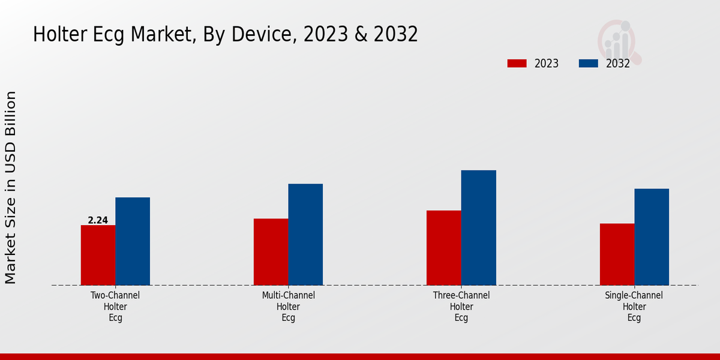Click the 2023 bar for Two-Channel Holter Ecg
98,255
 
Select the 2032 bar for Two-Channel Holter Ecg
133,241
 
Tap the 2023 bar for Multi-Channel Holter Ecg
271,252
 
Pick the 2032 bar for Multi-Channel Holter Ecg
305,235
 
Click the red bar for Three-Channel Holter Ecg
443,248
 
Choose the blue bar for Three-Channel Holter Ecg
478,228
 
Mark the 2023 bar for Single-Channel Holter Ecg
617,254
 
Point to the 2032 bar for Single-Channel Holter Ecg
652,237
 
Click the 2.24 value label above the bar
98,220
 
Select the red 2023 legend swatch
517,64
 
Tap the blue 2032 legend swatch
588,64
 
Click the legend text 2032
618,64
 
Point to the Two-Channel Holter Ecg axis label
115,307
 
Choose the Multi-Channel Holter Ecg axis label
288,307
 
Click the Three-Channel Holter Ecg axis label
461,307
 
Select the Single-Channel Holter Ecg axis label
634,307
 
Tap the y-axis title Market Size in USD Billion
11,187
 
